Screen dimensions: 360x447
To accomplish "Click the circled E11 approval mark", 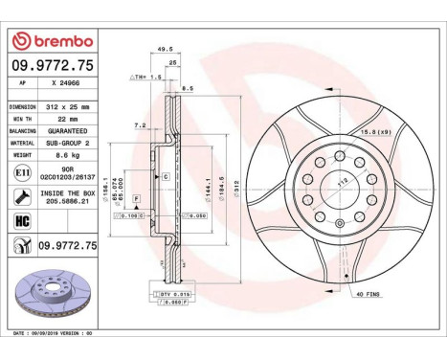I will click(x=22, y=172).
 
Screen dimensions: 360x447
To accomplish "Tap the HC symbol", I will click(x=22, y=222).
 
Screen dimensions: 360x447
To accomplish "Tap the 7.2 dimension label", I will click(x=141, y=124).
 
